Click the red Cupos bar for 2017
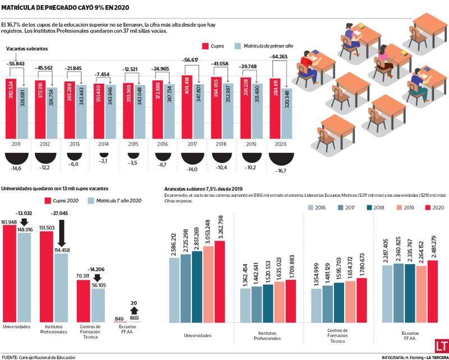click(187, 107)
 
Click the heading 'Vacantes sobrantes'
click(27, 49)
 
